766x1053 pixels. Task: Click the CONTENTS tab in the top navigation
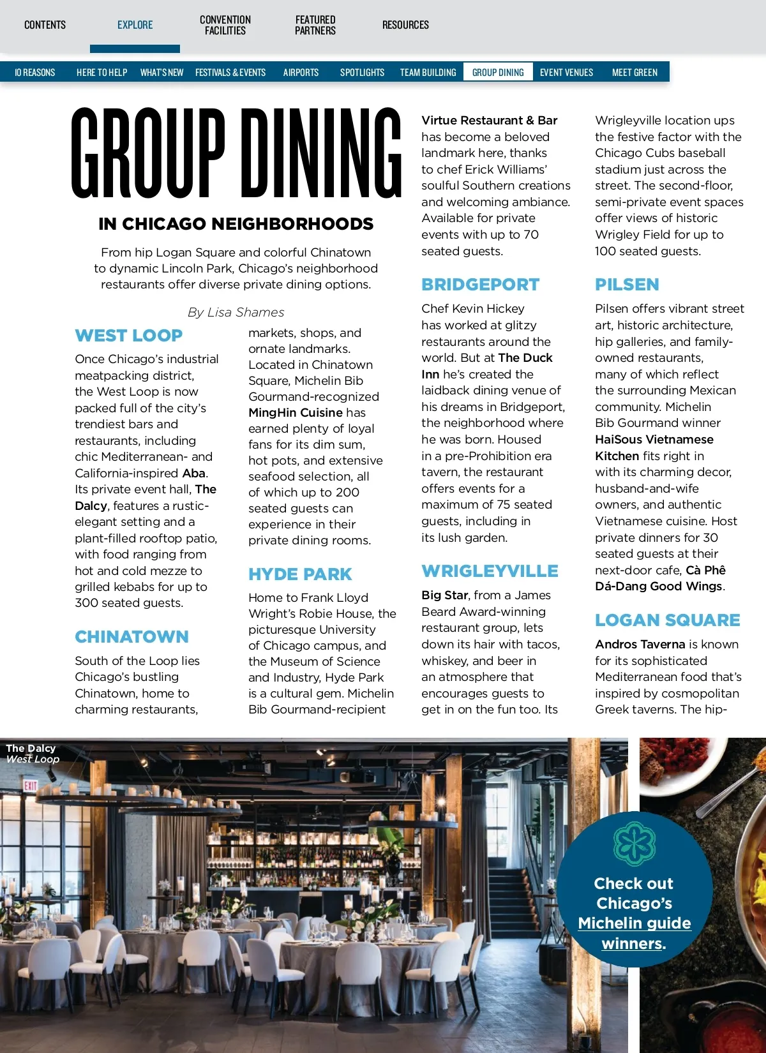pos(45,25)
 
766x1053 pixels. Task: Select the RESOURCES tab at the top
pos(405,25)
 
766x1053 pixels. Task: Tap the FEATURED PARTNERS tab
pos(315,25)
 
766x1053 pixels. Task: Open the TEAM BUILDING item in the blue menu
pos(428,72)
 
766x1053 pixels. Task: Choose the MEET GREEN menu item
pos(635,72)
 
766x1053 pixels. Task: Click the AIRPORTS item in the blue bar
pos(301,72)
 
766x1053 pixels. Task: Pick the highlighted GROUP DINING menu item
pos(498,72)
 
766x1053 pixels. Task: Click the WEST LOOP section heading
pos(129,336)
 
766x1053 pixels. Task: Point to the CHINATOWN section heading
pos(131,637)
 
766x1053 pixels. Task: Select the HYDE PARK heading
pos(300,574)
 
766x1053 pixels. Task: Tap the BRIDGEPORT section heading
pos(481,285)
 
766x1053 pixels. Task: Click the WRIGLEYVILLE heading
pos(490,571)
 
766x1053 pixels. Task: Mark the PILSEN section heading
pos(627,285)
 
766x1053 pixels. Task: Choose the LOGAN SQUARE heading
pos(668,620)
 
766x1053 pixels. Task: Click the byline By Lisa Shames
pos(236,312)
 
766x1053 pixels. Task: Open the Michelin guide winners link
pos(634,933)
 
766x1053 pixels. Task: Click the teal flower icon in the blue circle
pos(635,844)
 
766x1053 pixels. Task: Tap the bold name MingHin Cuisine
pos(296,413)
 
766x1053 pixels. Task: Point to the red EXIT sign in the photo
pos(31,786)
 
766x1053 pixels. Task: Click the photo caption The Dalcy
pos(31,748)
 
